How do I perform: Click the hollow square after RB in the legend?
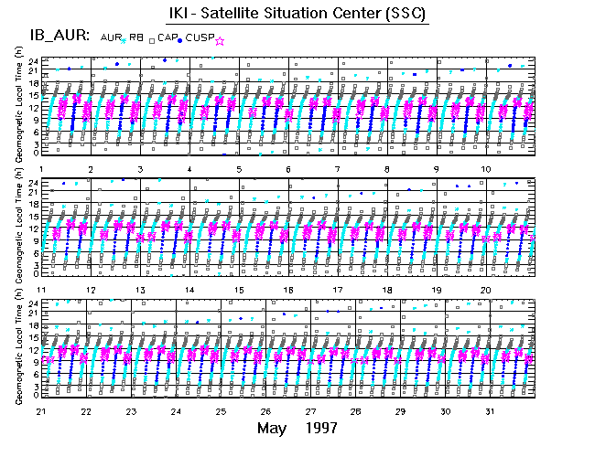(151, 39)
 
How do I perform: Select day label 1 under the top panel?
(43, 169)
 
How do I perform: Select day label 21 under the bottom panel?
(43, 411)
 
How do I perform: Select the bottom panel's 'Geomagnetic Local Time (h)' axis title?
(19, 351)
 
